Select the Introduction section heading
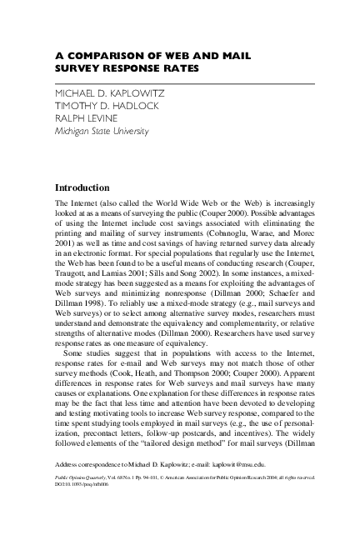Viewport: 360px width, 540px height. pos(87,188)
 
